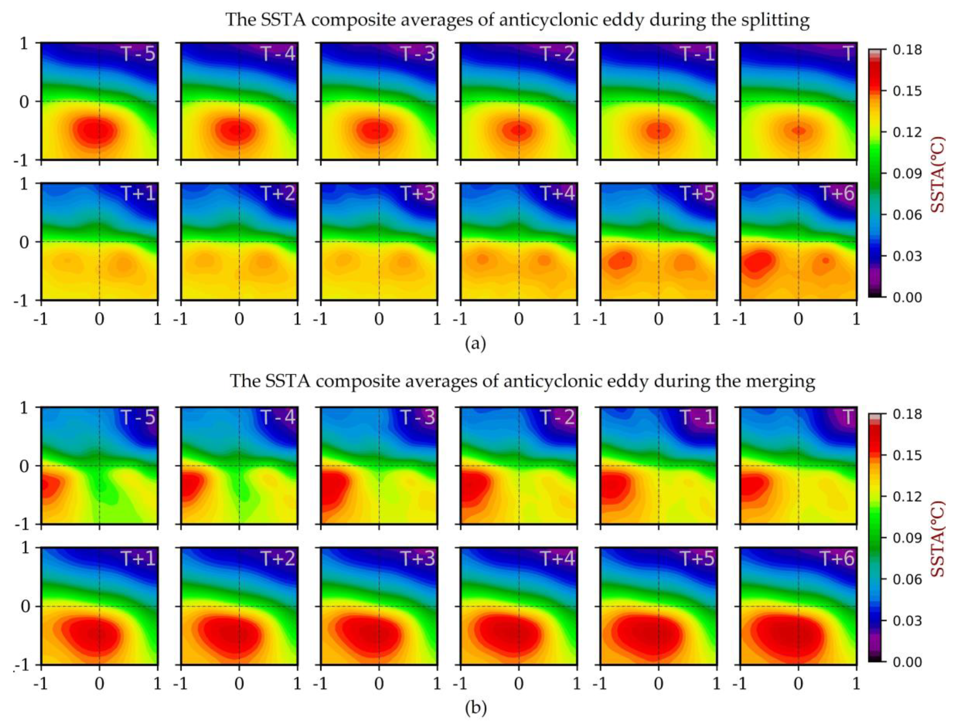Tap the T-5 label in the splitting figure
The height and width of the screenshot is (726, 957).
click(138, 54)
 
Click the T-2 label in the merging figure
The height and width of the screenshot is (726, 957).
click(558, 418)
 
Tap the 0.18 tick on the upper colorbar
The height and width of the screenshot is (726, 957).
click(907, 50)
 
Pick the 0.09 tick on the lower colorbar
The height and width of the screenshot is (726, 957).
click(907, 538)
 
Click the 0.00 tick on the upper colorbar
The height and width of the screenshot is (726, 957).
click(907, 298)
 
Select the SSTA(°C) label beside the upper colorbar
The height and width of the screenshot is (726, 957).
click(938, 174)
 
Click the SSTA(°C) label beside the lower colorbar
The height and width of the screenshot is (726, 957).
click(938, 539)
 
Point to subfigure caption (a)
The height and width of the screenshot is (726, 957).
click(476, 344)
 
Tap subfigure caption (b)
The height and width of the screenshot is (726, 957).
click(476, 708)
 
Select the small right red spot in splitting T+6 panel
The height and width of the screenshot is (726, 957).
click(825, 261)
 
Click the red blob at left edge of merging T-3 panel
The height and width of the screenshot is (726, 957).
click(332, 487)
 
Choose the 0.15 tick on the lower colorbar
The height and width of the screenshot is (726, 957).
click(907, 456)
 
